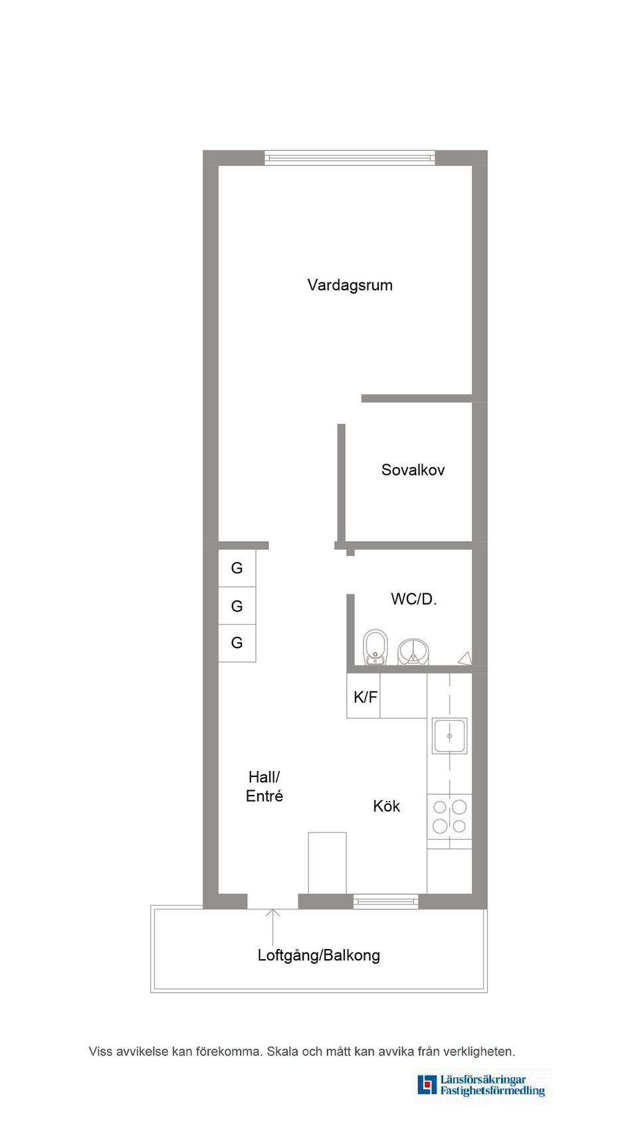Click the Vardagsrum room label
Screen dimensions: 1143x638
(x=350, y=286)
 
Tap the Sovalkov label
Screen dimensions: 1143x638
(x=413, y=470)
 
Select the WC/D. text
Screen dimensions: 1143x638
(x=413, y=599)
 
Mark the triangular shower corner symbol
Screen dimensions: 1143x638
(x=465, y=658)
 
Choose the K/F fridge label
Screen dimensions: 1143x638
(x=365, y=697)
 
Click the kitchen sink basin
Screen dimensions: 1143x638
(x=449, y=736)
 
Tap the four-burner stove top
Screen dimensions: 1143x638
(x=449, y=817)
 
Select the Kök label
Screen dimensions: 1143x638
(x=386, y=806)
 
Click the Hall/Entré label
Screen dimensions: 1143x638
(x=265, y=786)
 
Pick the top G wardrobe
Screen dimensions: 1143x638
(x=237, y=568)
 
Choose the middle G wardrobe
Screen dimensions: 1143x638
(x=237, y=606)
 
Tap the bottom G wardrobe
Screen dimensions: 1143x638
(x=237, y=643)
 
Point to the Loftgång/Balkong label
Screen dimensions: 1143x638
(x=318, y=956)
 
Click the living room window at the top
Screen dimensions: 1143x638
(x=350, y=158)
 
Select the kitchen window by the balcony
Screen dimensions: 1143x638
(x=385, y=901)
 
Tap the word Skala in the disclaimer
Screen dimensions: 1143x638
(x=282, y=1051)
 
